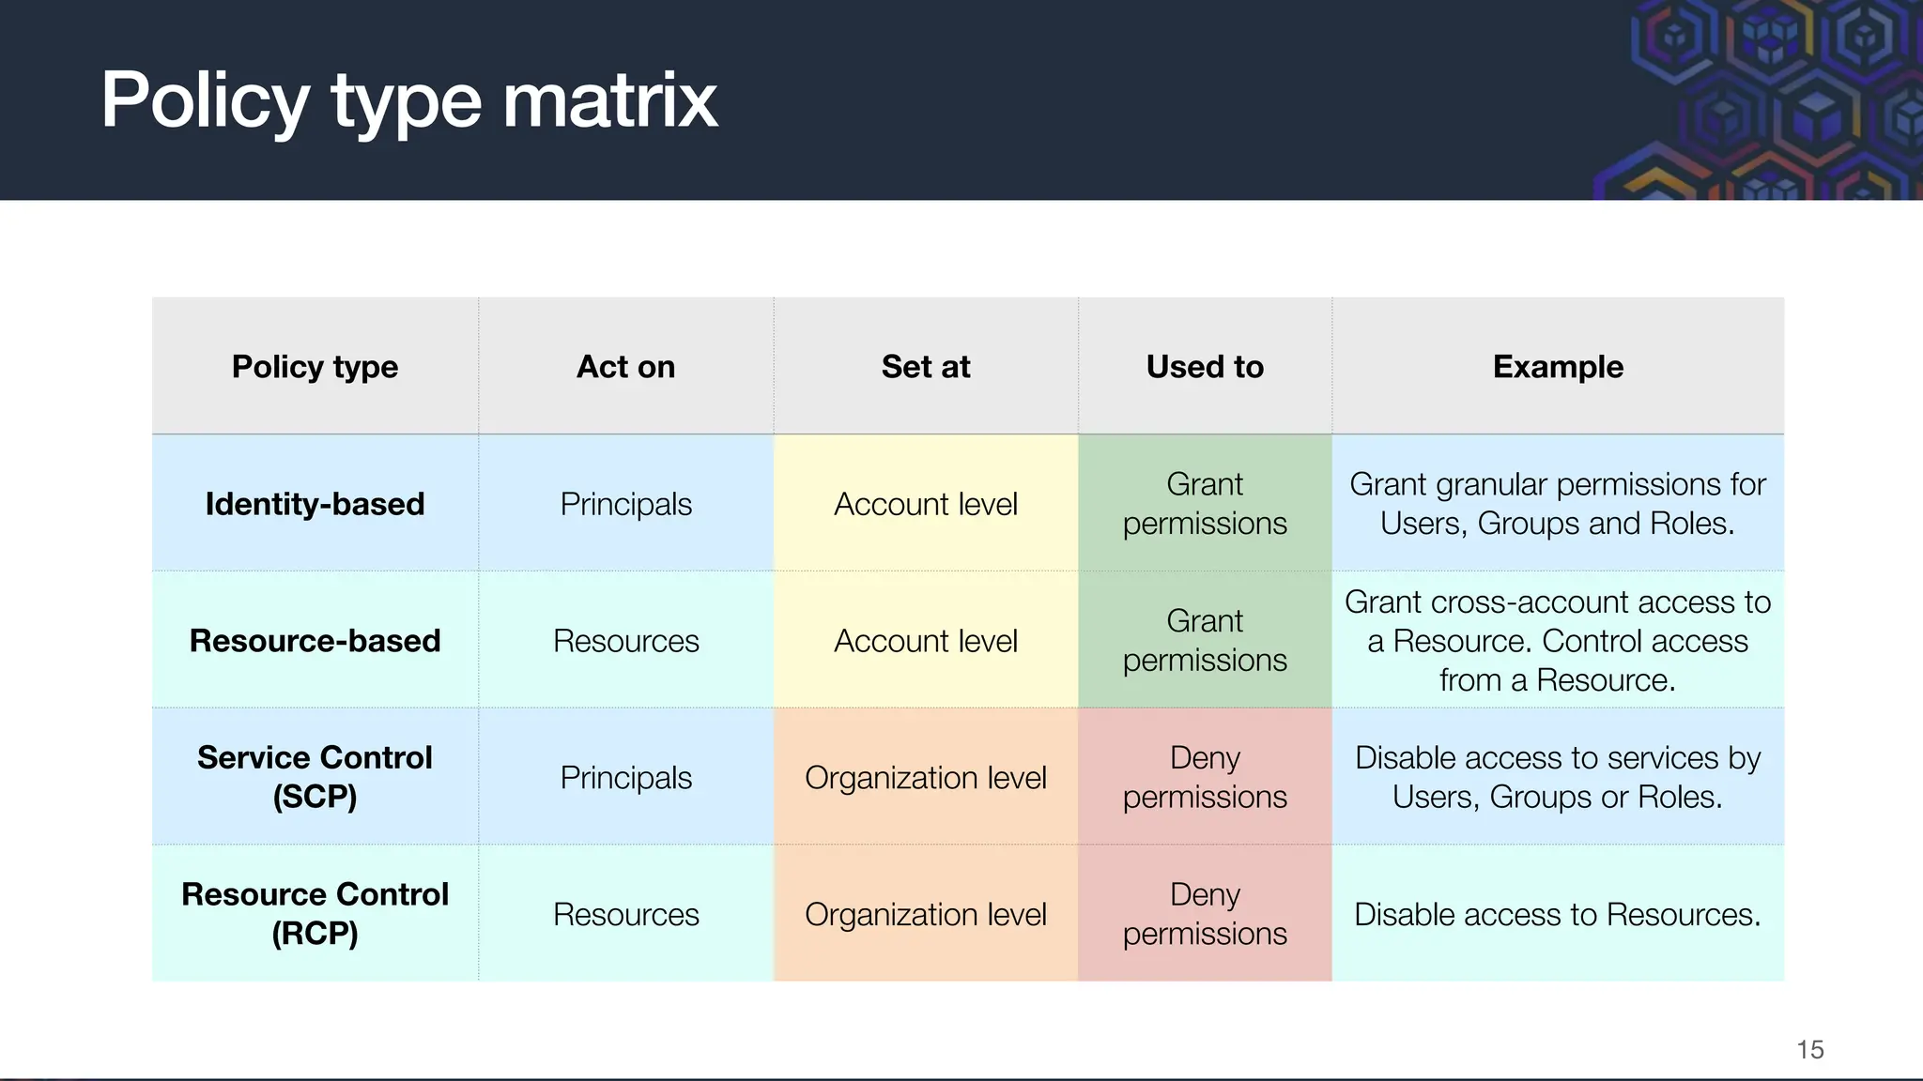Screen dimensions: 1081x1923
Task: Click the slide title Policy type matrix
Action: point(408,100)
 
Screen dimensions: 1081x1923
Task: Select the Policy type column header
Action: point(315,367)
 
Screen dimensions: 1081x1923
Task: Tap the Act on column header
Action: point(625,367)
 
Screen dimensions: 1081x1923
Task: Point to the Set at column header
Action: point(925,367)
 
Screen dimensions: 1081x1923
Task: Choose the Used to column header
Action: point(1205,367)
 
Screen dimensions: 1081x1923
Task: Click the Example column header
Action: point(1558,367)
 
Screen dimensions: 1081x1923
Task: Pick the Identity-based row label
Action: point(315,504)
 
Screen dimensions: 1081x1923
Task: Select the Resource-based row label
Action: point(315,641)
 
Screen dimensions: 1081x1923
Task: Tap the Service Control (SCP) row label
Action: point(315,777)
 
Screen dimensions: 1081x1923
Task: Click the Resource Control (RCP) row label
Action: point(315,914)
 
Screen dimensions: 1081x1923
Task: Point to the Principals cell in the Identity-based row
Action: point(625,504)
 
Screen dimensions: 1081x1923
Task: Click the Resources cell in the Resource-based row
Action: point(625,641)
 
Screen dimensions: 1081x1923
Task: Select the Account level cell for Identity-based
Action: point(925,504)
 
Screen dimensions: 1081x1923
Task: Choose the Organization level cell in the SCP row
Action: point(925,778)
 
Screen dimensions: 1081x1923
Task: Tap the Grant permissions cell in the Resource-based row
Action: point(1205,641)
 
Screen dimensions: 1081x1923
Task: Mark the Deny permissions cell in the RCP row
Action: point(1205,914)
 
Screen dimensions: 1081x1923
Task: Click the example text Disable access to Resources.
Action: point(1558,915)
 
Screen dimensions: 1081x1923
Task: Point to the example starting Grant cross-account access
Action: point(1558,641)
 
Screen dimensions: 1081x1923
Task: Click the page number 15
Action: point(1809,1049)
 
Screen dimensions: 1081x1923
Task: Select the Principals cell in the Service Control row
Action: point(625,778)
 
